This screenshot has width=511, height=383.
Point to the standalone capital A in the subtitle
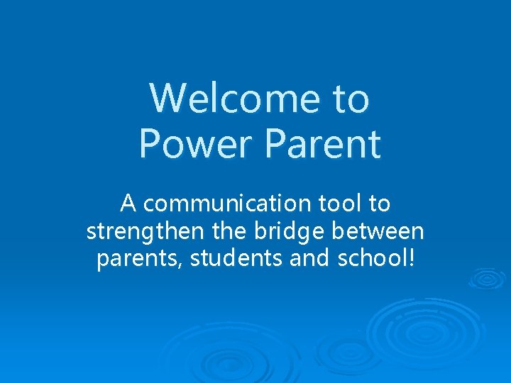click(x=128, y=204)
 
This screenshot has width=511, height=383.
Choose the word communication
click(x=224, y=204)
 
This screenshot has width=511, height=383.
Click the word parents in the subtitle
click(x=139, y=260)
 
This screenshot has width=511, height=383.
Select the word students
click(x=238, y=259)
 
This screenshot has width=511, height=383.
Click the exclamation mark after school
click(x=410, y=258)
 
